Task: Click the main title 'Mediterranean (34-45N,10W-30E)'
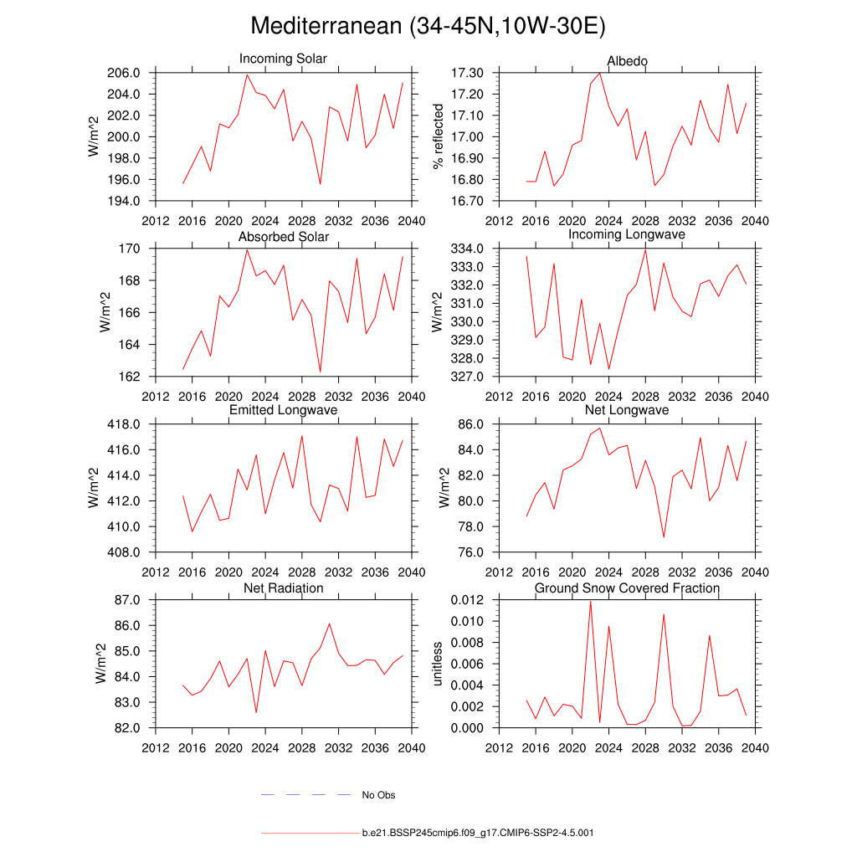coord(428,27)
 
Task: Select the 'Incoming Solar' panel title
coord(283,59)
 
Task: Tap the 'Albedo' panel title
coord(627,61)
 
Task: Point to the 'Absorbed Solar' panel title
coord(284,237)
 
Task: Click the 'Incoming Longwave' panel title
coord(627,235)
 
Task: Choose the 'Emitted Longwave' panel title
coord(284,411)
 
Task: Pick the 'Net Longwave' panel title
coord(627,411)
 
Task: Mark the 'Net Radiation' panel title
coord(284,588)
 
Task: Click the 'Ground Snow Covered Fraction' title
coord(627,588)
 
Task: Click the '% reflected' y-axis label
coord(436,136)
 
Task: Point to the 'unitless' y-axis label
coord(436,664)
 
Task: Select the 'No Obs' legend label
coord(378,795)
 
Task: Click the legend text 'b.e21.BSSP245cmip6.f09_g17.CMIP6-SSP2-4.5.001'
coord(478,834)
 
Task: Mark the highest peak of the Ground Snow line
coord(590,602)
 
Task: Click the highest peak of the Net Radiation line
coord(329,624)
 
